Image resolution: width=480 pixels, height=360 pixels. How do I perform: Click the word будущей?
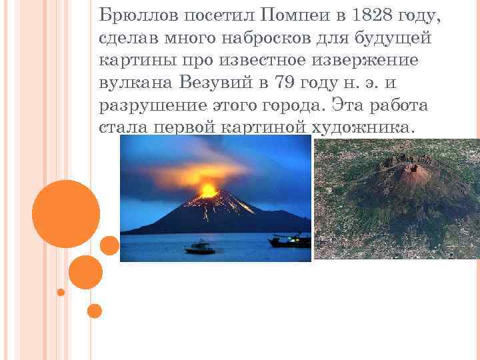pos(399,38)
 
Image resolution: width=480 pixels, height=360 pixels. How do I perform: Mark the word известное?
pos(261,61)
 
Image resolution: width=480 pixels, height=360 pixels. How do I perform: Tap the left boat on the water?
pos(199,247)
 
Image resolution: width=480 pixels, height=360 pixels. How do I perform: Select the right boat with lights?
pos(290,241)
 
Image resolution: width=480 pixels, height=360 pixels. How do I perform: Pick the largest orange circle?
pos(66,213)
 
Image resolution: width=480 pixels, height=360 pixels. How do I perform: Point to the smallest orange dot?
pos(61,292)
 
